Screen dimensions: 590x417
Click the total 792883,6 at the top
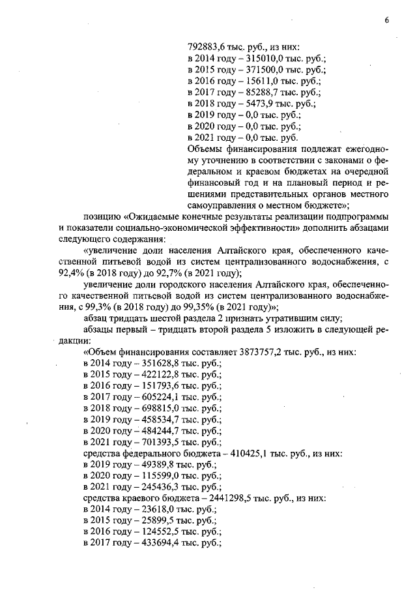tap(208, 46)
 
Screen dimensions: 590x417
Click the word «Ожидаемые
tap(154, 215)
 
